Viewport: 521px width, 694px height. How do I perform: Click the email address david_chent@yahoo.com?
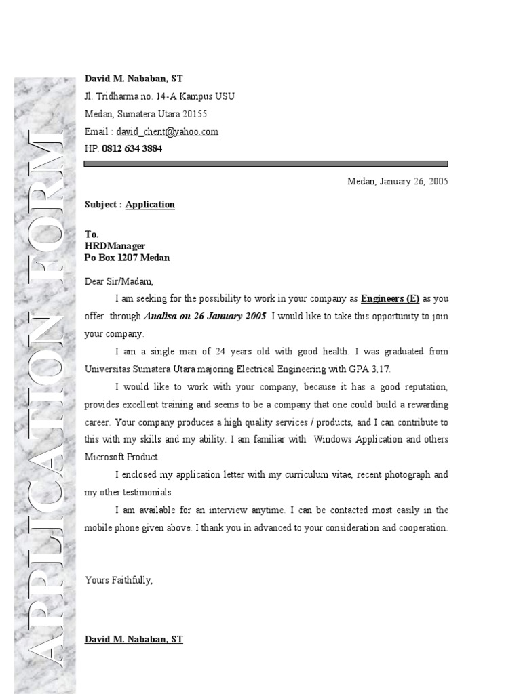[x=167, y=132]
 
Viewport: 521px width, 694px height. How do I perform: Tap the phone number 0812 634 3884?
[x=132, y=149]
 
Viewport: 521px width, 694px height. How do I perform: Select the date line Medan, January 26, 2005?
[x=398, y=182]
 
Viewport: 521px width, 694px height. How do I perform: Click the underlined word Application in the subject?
[x=150, y=205]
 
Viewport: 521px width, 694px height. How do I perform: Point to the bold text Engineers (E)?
[x=390, y=298]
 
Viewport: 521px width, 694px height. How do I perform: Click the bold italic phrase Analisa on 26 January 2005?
[x=206, y=316]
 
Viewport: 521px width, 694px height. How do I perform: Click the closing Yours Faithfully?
[x=119, y=580]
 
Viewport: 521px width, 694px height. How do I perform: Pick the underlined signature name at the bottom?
[x=134, y=639]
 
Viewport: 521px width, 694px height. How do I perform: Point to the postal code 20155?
[x=194, y=114]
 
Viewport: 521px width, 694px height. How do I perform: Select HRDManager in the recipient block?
[x=115, y=246]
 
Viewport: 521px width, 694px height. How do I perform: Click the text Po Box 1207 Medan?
[x=127, y=258]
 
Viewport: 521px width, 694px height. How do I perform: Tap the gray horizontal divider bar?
[x=266, y=164]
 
